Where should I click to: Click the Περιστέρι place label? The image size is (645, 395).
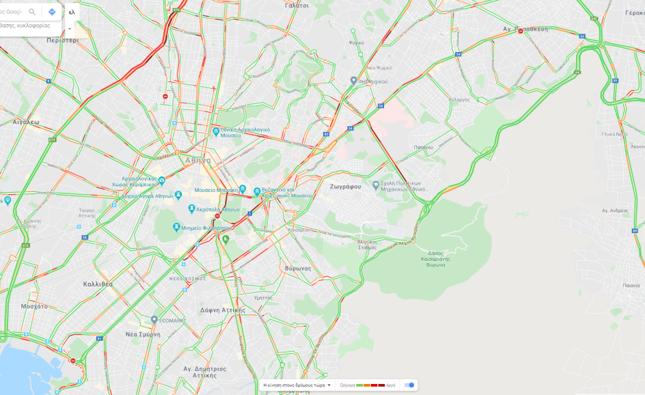(x=62, y=40)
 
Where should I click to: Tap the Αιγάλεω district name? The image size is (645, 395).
(x=26, y=122)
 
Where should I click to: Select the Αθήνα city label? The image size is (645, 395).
(x=198, y=160)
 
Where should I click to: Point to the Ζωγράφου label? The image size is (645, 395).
(x=345, y=186)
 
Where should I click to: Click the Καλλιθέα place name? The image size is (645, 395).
(x=97, y=284)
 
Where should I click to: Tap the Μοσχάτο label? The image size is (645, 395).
(x=34, y=306)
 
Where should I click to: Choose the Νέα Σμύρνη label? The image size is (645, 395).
(x=142, y=333)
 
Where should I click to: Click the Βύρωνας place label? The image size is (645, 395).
(x=298, y=268)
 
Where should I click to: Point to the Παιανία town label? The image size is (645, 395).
(x=631, y=285)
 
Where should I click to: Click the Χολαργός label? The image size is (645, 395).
(x=460, y=99)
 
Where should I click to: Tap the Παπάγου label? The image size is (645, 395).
(x=423, y=147)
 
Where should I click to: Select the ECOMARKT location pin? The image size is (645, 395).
(x=154, y=320)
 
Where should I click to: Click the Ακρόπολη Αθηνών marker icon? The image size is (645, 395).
(x=192, y=209)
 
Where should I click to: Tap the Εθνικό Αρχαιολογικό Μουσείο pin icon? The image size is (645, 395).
(x=216, y=132)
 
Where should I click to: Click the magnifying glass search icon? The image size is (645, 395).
(x=32, y=12)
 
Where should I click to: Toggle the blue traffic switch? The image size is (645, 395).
(x=410, y=385)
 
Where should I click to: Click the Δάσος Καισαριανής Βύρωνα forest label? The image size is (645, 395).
(x=435, y=258)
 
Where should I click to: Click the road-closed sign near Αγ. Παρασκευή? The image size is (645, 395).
(x=520, y=31)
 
